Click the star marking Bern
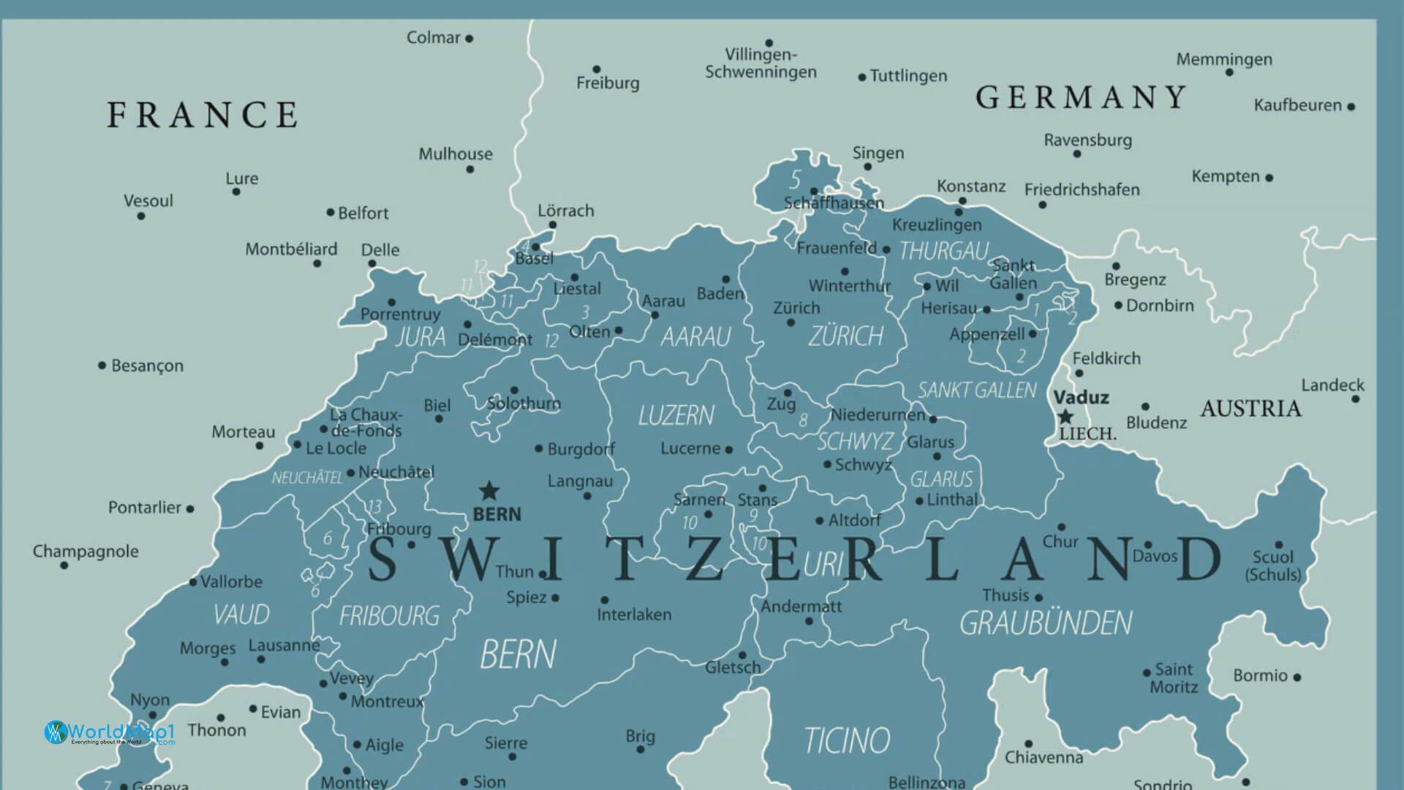tap(488, 490)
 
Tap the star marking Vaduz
tap(1065, 417)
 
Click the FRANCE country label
tap(203, 116)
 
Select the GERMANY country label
tap(1081, 97)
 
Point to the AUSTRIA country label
tap(1250, 409)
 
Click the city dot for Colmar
tap(469, 39)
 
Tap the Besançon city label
tap(147, 366)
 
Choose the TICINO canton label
tap(847, 740)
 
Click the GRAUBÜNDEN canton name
tap(1045, 623)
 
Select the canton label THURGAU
tap(943, 252)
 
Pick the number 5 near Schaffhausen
tap(795, 178)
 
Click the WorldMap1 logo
tap(110, 732)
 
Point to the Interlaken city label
tap(634, 614)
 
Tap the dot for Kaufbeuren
tap(1351, 107)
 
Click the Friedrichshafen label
tap(1082, 190)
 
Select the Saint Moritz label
tap(1174, 678)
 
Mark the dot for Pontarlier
tap(190, 508)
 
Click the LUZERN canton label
tap(676, 416)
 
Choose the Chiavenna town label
tap(1043, 758)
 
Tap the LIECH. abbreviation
tap(1087, 434)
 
